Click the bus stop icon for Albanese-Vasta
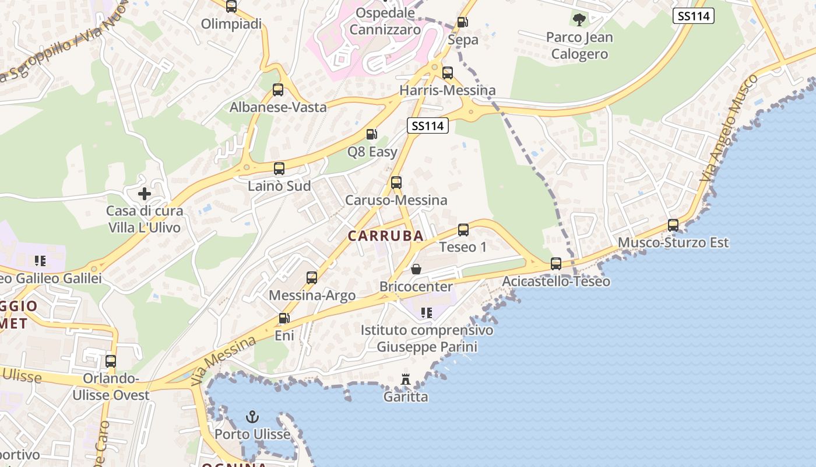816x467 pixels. (278, 90)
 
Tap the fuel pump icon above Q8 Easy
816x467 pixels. (371, 134)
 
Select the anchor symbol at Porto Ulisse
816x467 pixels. (252, 417)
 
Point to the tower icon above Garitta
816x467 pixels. (406, 380)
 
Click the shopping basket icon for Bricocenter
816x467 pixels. (416, 269)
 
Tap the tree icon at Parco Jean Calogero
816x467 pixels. (579, 20)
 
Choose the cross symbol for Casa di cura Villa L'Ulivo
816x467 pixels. (145, 193)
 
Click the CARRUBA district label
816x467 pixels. (386, 236)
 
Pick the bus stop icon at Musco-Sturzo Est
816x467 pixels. (673, 225)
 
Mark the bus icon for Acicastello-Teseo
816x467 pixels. (556, 264)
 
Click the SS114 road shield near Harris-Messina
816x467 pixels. (427, 126)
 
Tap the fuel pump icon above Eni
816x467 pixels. (284, 318)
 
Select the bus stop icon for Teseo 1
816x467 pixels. (463, 229)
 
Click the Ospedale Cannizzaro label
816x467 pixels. (385, 21)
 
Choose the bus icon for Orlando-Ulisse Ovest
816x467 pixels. (111, 361)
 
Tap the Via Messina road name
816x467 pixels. (223, 361)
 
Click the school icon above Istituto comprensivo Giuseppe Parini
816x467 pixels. (427, 313)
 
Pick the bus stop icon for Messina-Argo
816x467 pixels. (312, 278)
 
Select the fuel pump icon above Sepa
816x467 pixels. (463, 22)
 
